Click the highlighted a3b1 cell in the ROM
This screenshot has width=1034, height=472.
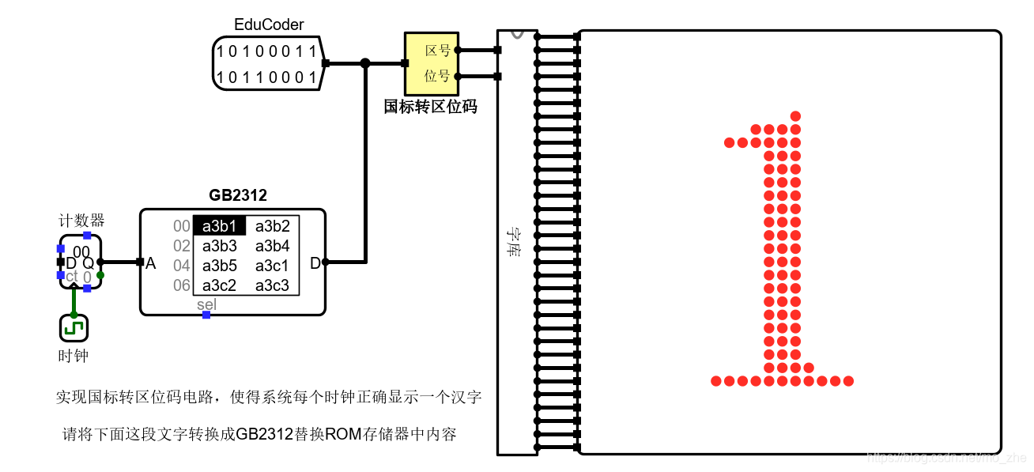219,226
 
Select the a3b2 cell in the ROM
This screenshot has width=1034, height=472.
272,226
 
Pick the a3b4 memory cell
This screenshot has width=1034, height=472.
272,246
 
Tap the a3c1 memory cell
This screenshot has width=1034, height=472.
272,266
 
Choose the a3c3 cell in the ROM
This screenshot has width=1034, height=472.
272,285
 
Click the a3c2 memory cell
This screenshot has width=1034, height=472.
219,285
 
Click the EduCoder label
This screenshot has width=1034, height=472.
269,25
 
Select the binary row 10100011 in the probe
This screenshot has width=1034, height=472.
267,52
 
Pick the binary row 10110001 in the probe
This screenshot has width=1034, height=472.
267,77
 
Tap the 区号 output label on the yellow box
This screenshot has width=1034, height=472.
437,51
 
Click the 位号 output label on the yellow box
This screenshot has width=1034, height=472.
437,76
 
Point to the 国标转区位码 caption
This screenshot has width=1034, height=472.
430,107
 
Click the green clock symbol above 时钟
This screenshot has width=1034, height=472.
74,327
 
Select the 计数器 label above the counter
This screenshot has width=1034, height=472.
81,220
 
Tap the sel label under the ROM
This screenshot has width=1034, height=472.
206,305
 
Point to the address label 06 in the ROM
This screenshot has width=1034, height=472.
182,285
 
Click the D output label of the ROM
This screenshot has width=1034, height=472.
315,263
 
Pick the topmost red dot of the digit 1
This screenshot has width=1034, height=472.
795,116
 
